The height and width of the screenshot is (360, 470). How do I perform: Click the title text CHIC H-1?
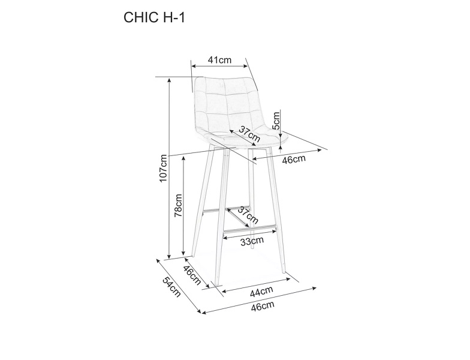click(x=154, y=18)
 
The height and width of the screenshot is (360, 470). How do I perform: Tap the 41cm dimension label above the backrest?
click(x=219, y=60)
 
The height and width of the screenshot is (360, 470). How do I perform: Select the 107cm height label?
click(x=163, y=168)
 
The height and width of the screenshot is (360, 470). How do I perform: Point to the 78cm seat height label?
click(x=178, y=205)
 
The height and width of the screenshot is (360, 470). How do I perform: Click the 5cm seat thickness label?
click(x=276, y=120)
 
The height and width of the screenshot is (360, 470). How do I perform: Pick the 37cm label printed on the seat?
click(x=249, y=134)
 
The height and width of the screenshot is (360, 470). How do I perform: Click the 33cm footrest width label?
click(x=252, y=241)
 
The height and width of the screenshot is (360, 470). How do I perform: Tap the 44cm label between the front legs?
click(x=261, y=292)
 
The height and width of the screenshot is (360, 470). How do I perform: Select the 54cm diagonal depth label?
click(x=172, y=287)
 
